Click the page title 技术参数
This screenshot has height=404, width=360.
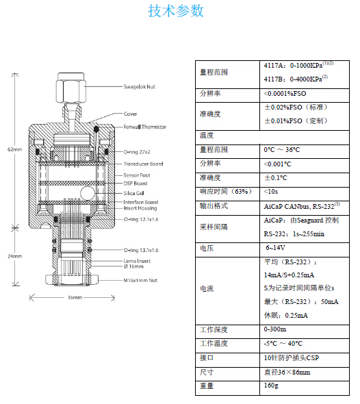(176, 11)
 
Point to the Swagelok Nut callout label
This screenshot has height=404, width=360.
(140, 87)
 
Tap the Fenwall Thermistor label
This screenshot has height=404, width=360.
(144, 127)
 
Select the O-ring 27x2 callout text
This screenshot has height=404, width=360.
(137, 152)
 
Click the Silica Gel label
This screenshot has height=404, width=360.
(133, 193)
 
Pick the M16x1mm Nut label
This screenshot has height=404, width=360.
(140, 280)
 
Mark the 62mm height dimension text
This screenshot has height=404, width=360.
(14, 149)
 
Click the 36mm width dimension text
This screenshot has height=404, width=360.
(75, 298)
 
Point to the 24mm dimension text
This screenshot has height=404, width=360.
(14, 256)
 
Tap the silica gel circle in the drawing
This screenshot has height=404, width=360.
(88, 193)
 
